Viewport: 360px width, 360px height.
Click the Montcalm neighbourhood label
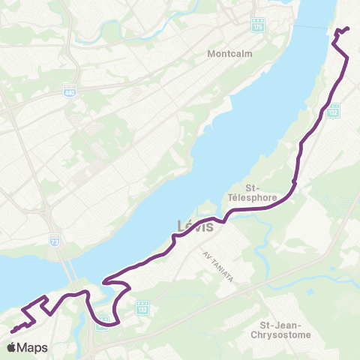click(x=230, y=54)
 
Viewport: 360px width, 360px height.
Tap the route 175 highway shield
click(x=258, y=25)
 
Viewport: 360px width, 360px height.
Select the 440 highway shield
click(x=70, y=91)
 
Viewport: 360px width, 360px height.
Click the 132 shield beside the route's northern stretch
click(x=334, y=111)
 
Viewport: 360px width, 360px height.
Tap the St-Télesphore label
click(x=262, y=193)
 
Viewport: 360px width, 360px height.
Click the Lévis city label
click(x=196, y=225)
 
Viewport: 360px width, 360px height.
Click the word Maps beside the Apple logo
click(x=34, y=348)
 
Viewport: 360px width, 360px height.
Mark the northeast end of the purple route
click(x=349, y=28)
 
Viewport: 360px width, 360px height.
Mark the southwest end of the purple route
click(x=13, y=331)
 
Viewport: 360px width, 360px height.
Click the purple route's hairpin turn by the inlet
click(x=108, y=281)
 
